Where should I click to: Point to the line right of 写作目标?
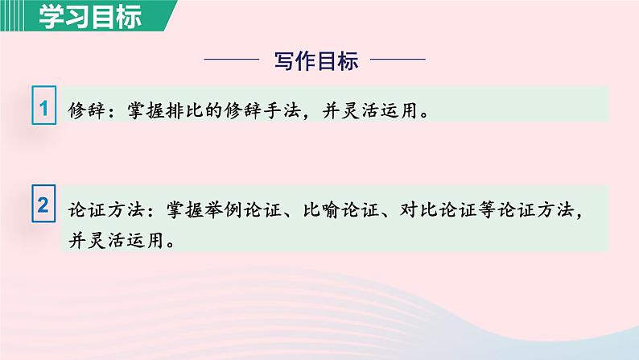point(402,60)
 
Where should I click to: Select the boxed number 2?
point(44,205)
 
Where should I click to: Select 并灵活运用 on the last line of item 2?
point(114,241)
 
